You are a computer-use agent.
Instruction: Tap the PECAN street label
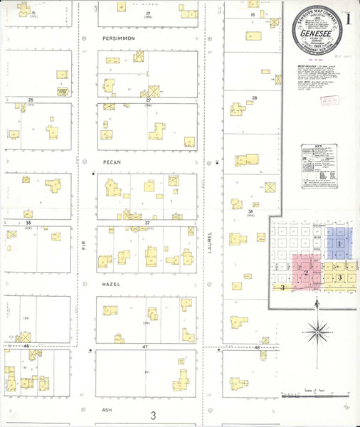(112, 162)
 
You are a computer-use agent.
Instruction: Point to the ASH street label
(107, 410)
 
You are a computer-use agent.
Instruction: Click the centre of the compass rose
(317, 330)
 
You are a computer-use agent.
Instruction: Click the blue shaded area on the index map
(339, 242)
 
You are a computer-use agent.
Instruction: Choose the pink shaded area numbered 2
(306, 272)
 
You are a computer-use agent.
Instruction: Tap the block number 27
(148, 100)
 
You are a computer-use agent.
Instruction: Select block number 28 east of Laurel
(254, 97)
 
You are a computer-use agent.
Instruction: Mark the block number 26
(31, 100)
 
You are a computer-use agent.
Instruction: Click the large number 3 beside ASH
(152, 415)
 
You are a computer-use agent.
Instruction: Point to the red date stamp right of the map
(346, 101)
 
